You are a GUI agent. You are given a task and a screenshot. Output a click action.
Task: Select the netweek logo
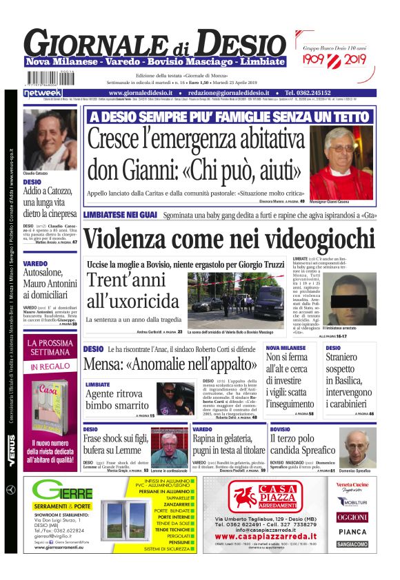[43, 92]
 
